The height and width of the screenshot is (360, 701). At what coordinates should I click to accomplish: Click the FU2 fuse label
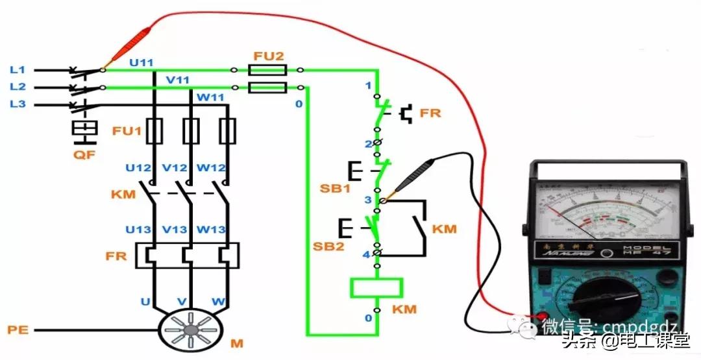[269, 56]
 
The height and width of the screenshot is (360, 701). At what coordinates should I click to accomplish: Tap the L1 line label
[18, 69]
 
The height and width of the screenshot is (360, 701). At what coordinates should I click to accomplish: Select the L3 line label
[18, 104]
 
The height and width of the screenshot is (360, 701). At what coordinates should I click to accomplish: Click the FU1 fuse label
[126, 131]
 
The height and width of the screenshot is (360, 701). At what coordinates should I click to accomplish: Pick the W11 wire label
[210, 98]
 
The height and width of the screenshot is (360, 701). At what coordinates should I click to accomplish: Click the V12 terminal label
[175, 167]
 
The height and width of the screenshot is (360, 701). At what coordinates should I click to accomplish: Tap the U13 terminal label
[139, 230]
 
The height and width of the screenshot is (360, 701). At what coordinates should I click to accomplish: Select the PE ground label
[18, 330]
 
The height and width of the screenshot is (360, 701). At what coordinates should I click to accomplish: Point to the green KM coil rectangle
[376, 287]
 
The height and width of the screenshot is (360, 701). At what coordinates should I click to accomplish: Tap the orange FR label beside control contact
[430, 113]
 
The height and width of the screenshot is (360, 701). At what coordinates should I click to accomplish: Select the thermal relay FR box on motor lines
[188, 255]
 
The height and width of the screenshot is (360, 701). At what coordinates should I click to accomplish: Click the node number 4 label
[366, 255]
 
